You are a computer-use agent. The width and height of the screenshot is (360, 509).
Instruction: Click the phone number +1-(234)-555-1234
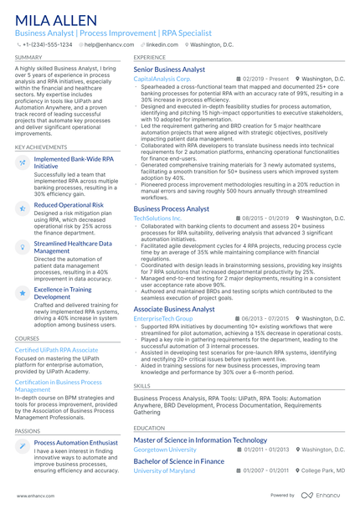coord(49,44)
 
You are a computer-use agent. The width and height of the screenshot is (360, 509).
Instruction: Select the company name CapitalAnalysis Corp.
coord(162,79)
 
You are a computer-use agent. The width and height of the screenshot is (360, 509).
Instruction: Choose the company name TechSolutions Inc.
coord(157,218)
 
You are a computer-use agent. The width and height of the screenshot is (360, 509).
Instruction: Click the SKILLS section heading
coord(142,386)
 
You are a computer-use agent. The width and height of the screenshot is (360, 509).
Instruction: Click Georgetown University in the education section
coord(165,450)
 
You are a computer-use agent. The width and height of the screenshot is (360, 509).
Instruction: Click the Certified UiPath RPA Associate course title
coord(56,349)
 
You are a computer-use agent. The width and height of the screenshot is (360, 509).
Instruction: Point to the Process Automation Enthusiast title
coord(75,442)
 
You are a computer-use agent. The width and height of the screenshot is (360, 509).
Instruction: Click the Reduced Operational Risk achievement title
coord(69,204)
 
